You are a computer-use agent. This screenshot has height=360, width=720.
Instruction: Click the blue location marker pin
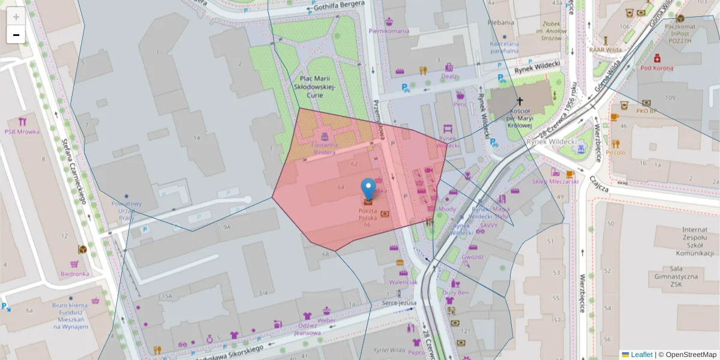click(368, 188)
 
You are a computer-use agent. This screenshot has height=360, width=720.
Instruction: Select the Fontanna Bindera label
click(325, 148)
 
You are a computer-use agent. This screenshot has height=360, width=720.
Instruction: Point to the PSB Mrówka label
click(22, 131)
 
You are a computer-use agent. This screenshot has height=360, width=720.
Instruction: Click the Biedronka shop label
click(74, 274)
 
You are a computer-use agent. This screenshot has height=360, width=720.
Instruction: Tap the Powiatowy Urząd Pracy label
click(126, 211)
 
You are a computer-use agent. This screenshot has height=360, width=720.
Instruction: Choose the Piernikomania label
click(389, 31)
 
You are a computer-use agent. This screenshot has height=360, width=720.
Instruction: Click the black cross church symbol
click(520, 101)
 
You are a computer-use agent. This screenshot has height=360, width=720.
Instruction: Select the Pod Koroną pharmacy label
click(656, 68)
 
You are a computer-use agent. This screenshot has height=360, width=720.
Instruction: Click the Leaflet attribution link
click(641, 355)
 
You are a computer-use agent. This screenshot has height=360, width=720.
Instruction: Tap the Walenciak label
click(403, 282)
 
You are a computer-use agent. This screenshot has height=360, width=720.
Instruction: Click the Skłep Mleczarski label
click(554, 181)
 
